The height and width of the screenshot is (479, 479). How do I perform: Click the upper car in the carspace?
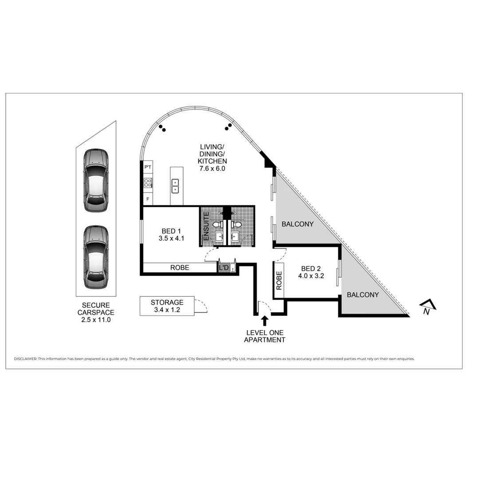click(96, 181)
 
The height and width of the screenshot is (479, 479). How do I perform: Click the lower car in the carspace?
click(96, 257)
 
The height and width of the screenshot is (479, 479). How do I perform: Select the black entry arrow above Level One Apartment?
click(265, 320)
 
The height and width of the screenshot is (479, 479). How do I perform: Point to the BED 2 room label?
click(310, 268)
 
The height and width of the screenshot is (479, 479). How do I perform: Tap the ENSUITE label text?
click(206, 227)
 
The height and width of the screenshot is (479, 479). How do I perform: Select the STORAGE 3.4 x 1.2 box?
click(167, 306)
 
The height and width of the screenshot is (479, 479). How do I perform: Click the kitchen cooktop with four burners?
click(148, 183)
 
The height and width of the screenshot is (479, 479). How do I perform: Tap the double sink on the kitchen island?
click(175, 186)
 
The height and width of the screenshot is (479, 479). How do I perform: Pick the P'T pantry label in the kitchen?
click(148, 167)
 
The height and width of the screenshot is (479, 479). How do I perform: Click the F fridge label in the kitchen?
click(148, 199)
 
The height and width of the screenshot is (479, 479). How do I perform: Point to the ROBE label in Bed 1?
click(180, 267)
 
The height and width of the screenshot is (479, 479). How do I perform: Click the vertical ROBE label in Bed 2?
click(279, 281)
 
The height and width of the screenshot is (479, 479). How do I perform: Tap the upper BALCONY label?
click(297, 224)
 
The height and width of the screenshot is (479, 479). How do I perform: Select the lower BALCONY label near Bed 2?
click(363, 294)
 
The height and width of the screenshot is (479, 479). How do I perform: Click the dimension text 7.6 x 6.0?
click(212, 169)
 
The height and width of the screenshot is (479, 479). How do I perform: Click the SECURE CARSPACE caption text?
click(96, 309)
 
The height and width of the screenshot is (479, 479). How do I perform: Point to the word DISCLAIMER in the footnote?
click(25, 359)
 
